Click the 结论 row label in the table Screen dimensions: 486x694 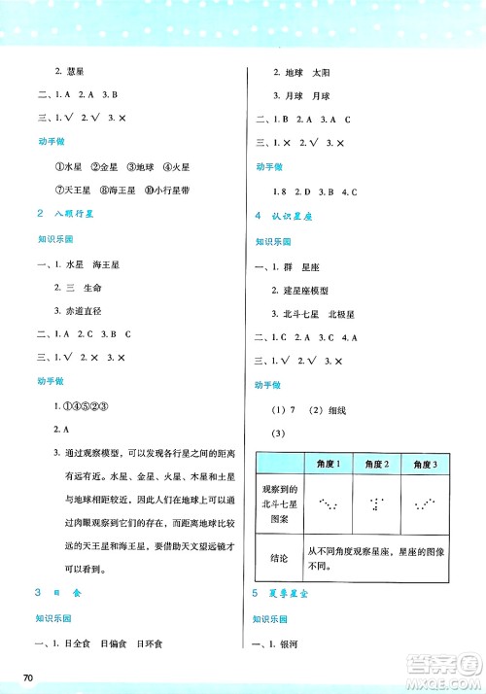(280, 558)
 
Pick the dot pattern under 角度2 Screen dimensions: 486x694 (376, 504)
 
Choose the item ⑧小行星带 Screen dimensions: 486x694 (159, 189)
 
